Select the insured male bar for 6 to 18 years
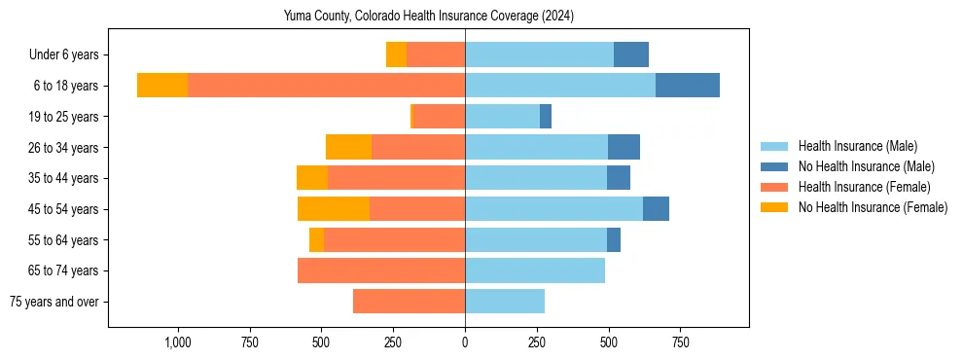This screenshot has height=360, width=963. coord(560,86)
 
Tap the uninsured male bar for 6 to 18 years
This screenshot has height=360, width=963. coord(688,86)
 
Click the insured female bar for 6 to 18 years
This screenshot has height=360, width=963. coord(326,86)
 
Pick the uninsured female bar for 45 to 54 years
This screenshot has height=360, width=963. coord(334,209)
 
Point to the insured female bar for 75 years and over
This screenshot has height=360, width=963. coord(409,302)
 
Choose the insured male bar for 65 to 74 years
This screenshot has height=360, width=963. coord(535,270)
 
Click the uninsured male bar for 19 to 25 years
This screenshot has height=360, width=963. coord(546,117)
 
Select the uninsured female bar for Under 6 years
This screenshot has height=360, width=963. coord(396,54)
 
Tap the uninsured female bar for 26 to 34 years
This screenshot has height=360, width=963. coord(348,147)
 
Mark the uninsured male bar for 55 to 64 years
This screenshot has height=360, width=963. coord(614,239)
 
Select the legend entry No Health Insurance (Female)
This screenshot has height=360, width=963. coord(873,207)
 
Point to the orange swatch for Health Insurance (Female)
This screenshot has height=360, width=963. coord(774,187)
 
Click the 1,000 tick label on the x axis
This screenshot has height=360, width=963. coord(177,342)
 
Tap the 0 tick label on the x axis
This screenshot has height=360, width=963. coord(465,342)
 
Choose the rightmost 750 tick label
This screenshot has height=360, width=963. coord(681,342)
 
